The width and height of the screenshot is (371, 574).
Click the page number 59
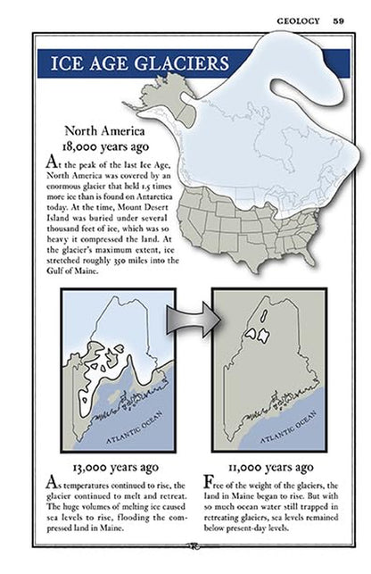[x=340, y=21]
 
